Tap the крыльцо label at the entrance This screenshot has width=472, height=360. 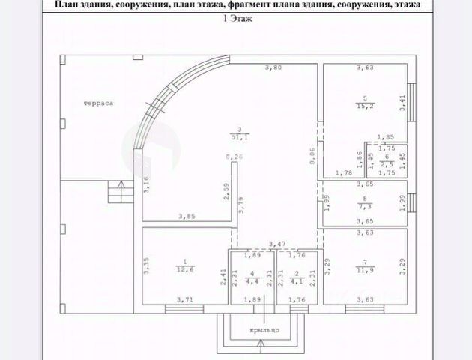tap(265, 328)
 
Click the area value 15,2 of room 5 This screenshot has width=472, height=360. tap(365, 105)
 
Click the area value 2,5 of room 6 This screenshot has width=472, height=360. tap(387, 163)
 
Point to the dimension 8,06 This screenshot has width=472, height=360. tap(313, 157)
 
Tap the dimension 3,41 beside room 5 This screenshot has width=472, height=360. tap(402, 103)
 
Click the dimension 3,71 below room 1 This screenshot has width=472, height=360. tap(184, 300)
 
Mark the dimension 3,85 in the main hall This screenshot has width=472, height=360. tap(187, 217)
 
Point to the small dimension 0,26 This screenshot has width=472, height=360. tap(235, 157)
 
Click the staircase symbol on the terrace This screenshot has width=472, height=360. tap(115, 191)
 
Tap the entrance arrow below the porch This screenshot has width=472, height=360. tap(260, 346)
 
